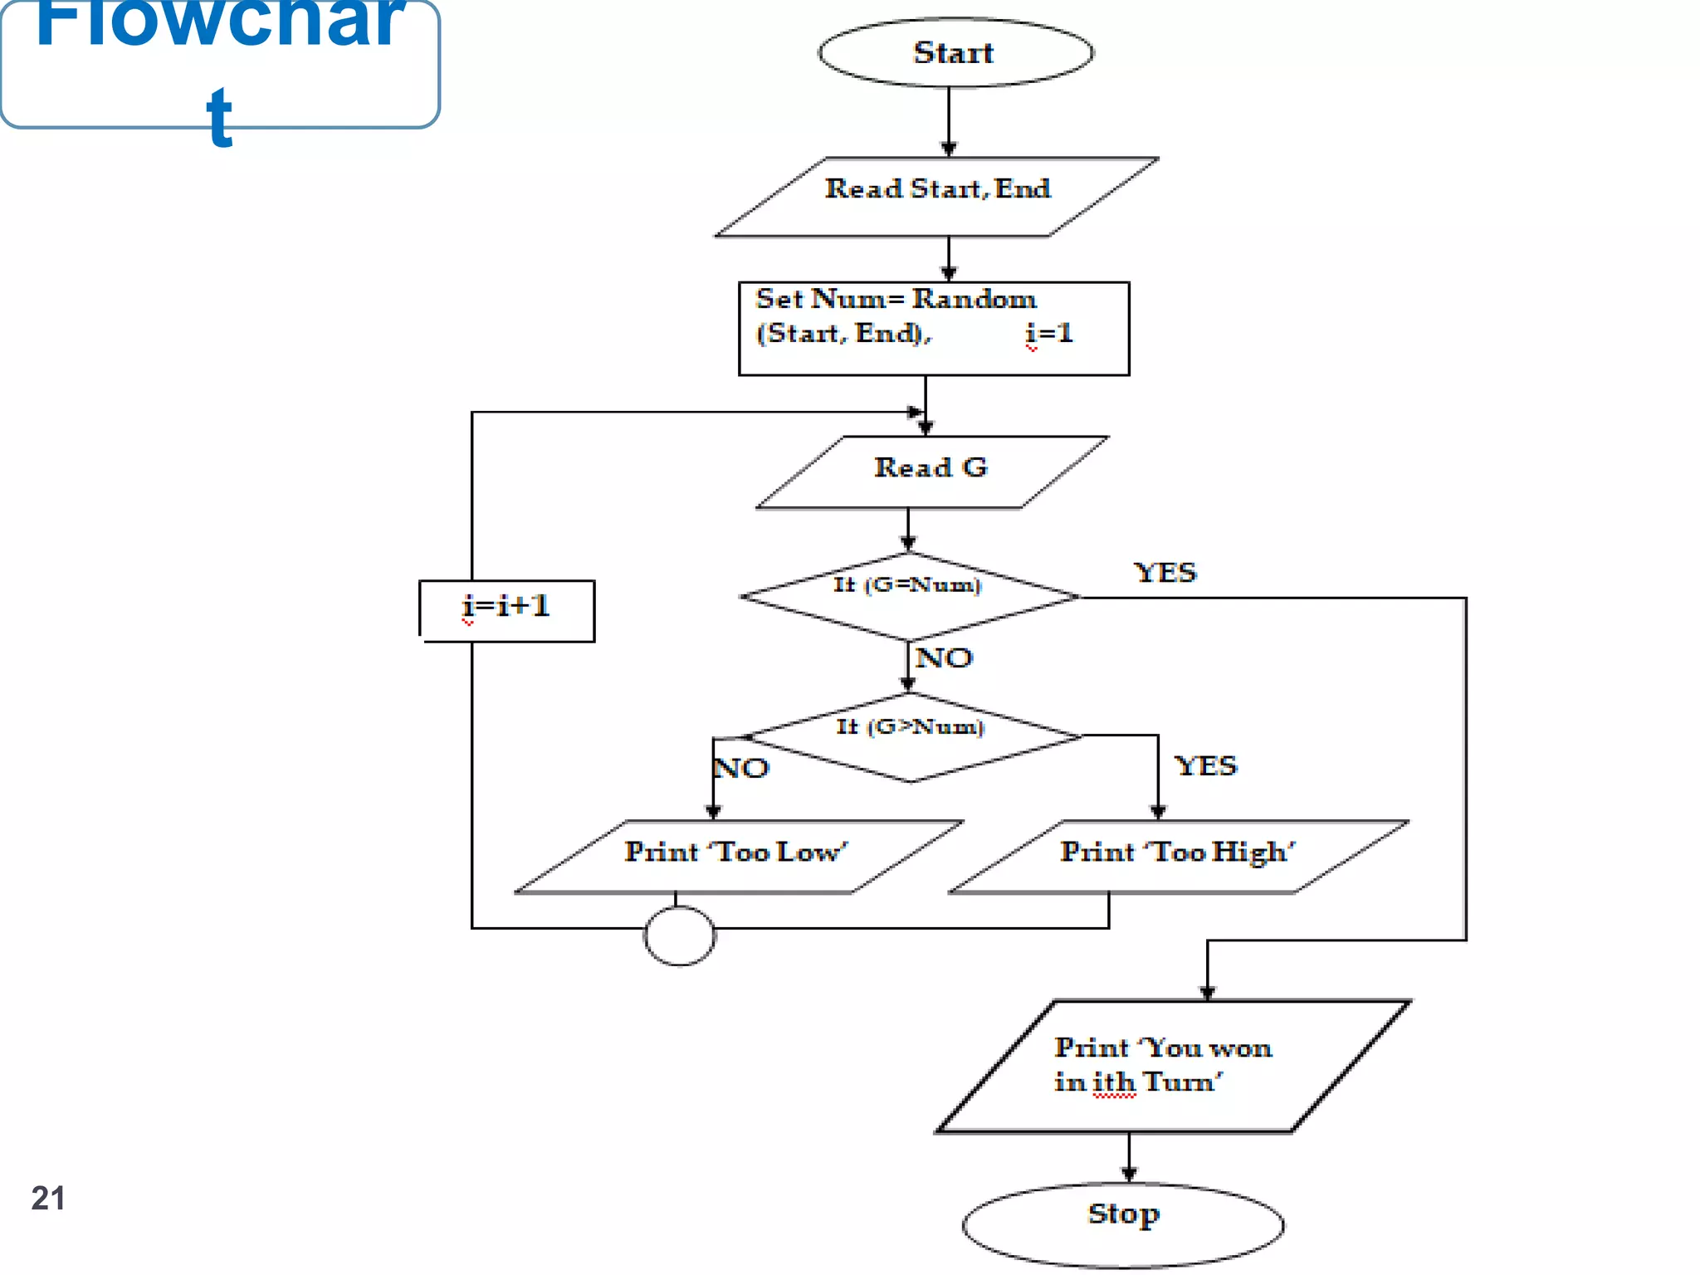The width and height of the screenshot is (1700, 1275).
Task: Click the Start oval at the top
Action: coord(955,52)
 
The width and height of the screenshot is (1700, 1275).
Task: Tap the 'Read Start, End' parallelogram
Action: coord(936,197)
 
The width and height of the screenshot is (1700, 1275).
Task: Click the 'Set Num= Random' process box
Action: coord(933,329)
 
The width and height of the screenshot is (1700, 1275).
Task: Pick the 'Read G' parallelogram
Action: coord(931,471)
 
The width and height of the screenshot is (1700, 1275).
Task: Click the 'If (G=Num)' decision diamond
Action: coord(909,596)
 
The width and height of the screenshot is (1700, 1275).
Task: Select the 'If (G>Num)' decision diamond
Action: coord(911,737)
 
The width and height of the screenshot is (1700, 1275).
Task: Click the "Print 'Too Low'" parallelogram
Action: coord(737,856)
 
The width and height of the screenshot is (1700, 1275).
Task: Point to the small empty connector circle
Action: coord(679,935)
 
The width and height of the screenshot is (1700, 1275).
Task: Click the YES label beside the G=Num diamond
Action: coord(1165,573)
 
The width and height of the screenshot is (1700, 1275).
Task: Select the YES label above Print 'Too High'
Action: coord(1205,765)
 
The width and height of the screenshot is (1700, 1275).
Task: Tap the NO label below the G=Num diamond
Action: coord(944,658)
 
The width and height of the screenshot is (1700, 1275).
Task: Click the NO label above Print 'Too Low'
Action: coord(741,768)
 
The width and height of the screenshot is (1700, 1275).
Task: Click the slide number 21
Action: coord(48,1198)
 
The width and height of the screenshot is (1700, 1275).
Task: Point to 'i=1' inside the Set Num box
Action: coord(1049,334)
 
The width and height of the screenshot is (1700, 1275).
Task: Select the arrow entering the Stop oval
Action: coord(1128,1157)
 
